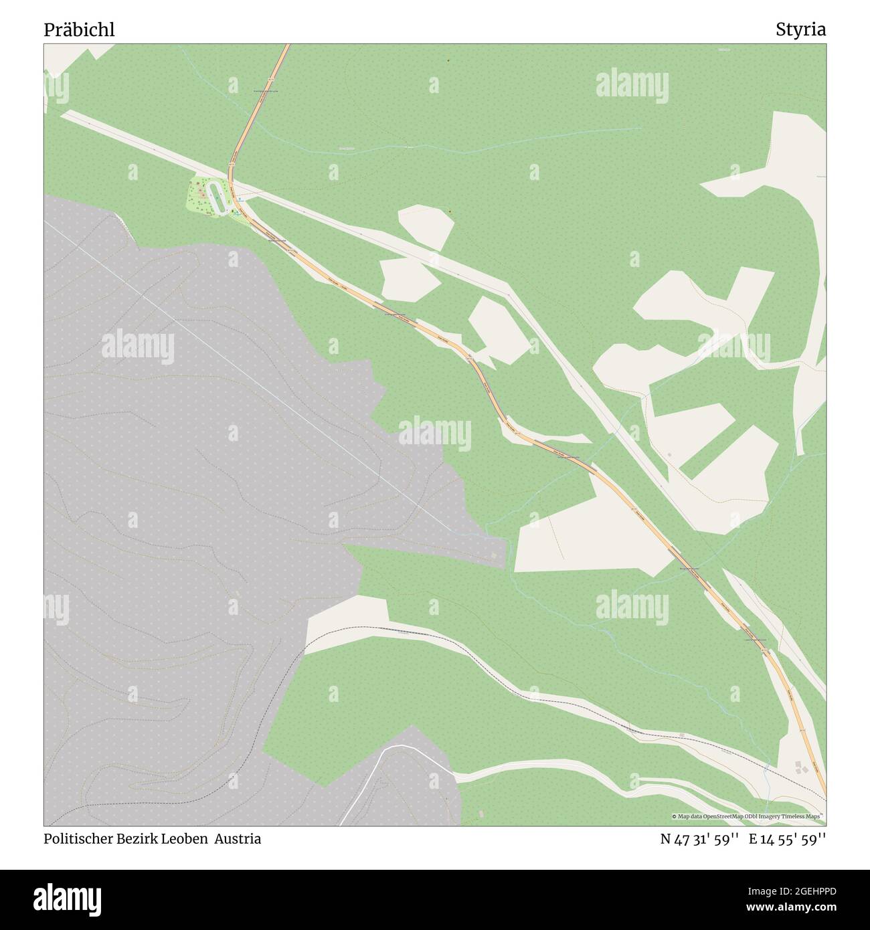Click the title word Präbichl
(79, 30)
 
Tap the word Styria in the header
(800, 30)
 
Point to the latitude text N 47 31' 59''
(699, 838)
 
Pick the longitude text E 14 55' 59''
(787, 838)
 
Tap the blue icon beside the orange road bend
(239, 199)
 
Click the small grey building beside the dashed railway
(681, 735)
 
